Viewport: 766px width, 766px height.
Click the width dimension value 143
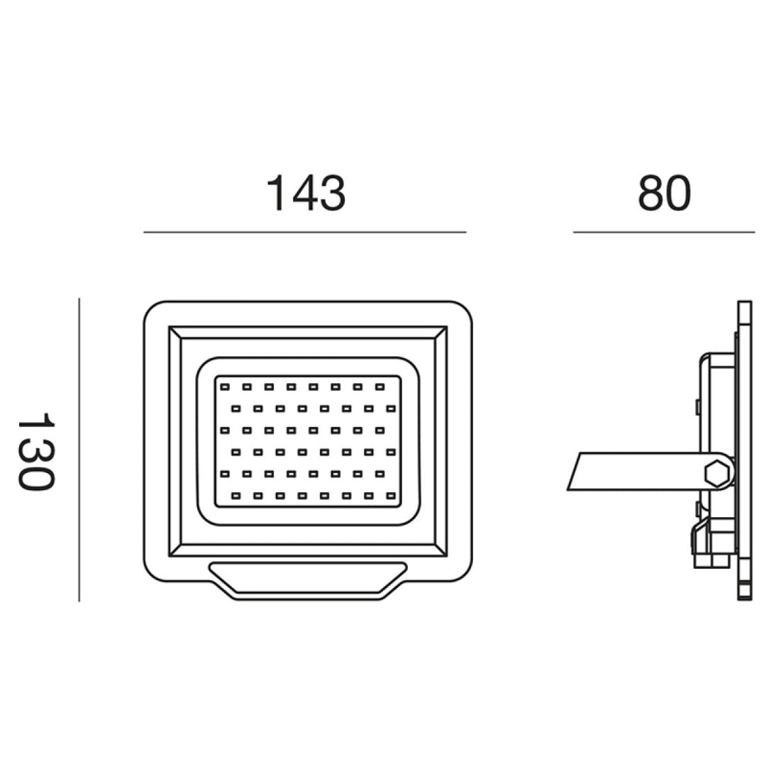click(306, 193)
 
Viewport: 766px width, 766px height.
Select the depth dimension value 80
click(664, 193)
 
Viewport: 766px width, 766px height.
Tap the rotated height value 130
click(35, 451)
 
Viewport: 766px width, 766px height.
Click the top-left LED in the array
click(225, 387)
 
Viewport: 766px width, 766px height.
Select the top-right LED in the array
click(379, 387)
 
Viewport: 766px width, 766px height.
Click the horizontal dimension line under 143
click(305, 232)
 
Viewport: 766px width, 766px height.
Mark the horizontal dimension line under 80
click(664, 232)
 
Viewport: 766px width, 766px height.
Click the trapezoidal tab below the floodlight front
click(308, 580)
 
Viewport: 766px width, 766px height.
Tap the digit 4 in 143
click(306, 193)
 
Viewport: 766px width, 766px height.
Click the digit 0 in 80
click(677, 193)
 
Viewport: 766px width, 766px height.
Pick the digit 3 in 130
click(35, 451)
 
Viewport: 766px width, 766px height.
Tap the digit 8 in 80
click(650, 193)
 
